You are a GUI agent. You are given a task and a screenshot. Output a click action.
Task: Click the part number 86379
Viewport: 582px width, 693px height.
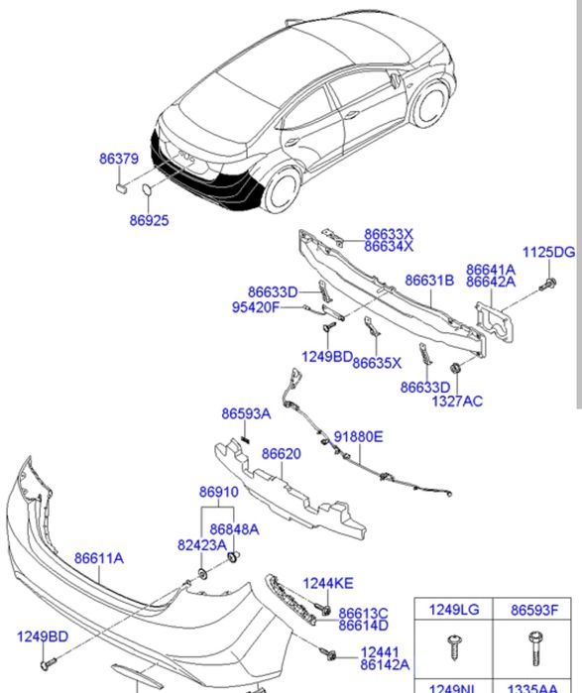tap(118, 159)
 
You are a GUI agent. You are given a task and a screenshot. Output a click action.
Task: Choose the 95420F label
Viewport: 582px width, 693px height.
tap(256, 307)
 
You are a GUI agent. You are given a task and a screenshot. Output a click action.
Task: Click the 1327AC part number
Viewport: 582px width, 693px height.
tap(456, 401)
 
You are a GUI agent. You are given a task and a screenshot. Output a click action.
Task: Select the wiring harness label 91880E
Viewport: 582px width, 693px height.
tap(358, 436)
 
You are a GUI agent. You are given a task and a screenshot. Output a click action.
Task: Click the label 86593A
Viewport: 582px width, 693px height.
tap(246, 413)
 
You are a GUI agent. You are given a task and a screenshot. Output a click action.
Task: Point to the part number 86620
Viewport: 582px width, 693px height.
tap(281, 454)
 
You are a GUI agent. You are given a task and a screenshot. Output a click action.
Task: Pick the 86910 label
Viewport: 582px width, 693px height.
tap(218, 492)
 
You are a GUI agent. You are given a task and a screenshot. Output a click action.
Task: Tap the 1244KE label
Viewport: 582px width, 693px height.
tap(328, 584)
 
